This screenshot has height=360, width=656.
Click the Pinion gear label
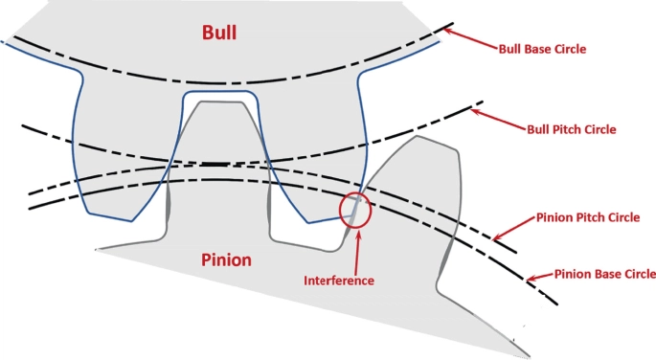coord(228,259)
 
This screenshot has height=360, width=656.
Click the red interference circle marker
coord(355,211)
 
